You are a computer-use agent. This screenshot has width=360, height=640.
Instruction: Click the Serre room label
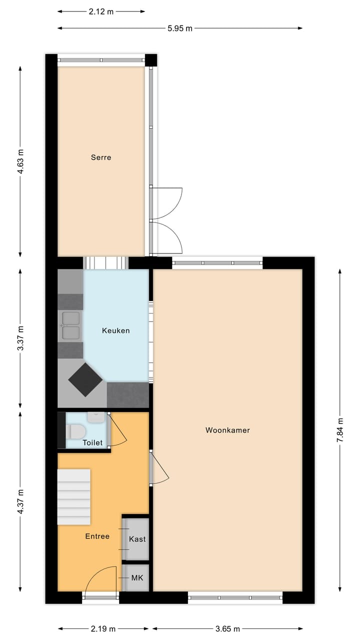tap(101, 157)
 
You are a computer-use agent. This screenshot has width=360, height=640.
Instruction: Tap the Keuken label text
tap(116, 330)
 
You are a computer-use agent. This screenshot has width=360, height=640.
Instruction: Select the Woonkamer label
tap(227, 430)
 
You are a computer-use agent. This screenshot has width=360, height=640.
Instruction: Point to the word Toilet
tap(92, 442)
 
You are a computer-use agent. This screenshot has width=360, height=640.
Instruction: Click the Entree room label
tap(97, 536)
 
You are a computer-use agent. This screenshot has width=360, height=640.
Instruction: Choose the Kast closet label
tap(137, 539)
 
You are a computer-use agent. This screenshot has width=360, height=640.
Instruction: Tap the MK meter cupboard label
tap(137, 577)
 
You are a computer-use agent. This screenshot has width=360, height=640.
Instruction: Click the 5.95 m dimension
tap(180, 28)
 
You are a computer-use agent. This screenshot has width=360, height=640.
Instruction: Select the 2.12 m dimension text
tap(101, 11)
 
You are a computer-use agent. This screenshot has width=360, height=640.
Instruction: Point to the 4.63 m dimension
tap(20, 161)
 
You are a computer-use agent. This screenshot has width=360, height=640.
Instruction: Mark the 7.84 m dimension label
tap(340, 429)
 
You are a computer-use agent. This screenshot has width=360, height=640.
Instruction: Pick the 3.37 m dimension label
tap(20, 338)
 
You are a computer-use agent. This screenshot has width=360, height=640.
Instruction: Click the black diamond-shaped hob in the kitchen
tap(85, 380)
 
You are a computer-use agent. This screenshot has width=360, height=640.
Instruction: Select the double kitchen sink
tap(70, 326)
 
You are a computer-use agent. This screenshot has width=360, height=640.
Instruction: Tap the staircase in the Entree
tap(73, 496)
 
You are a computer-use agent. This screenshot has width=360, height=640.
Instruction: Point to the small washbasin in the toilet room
tap(95, 416)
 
